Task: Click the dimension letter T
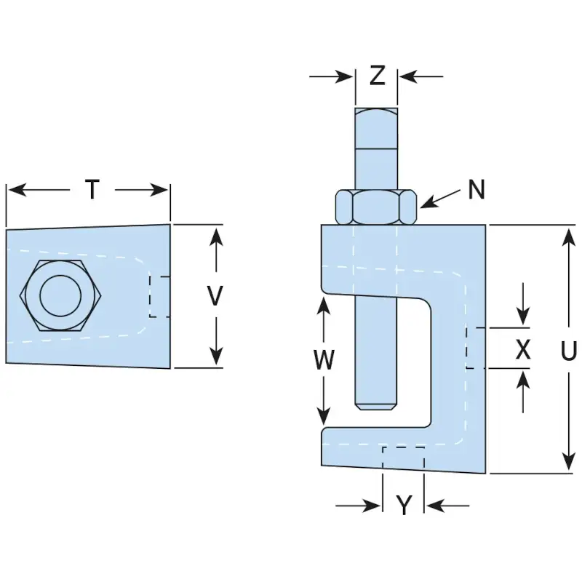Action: point(92,189)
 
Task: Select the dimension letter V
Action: point(215,295)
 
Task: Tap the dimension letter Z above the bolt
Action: point(377,76)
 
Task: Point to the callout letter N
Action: point(477,190)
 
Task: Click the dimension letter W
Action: point(324,359)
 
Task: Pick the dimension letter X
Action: point(523,349)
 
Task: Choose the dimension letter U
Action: point(569,351)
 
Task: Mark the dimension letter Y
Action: point(404,505)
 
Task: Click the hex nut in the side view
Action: point(376,207)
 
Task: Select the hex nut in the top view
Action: point(60,295)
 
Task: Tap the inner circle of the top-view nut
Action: point(60,296)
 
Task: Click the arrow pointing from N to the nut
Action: point(440,199)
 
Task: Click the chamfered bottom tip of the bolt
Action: point(376,407)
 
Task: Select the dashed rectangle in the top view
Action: point(159,297)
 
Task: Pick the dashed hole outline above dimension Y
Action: point(404,458)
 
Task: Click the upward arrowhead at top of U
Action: point(568,238)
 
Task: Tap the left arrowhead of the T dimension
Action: point(17,190)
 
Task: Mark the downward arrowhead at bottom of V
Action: point(215,356)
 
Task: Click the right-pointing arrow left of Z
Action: point(330,76)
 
